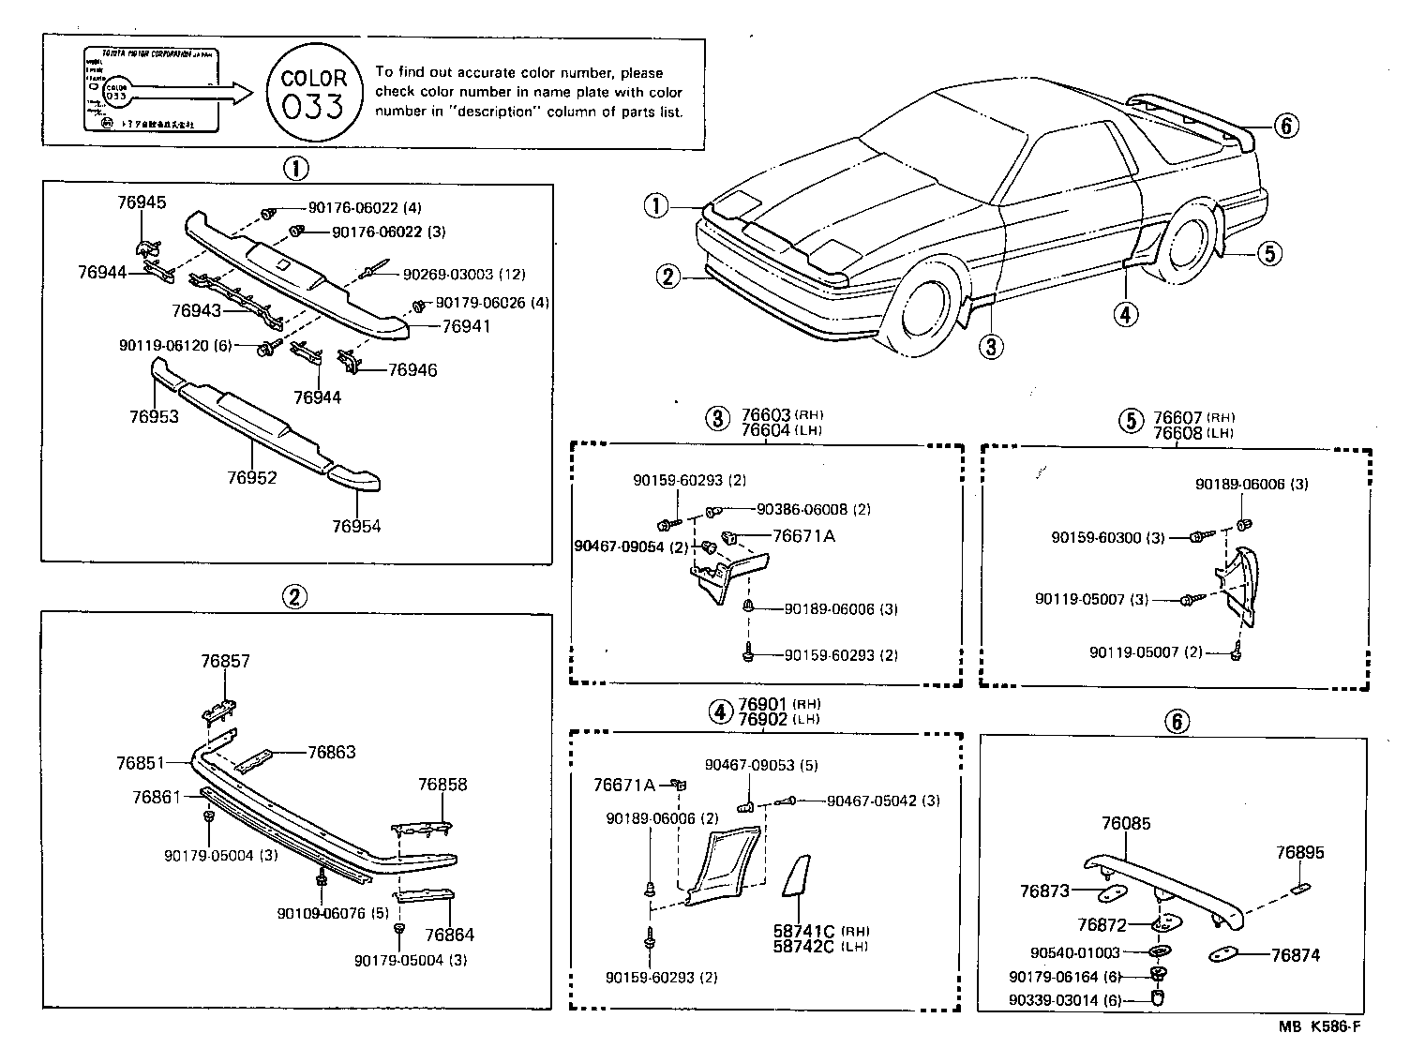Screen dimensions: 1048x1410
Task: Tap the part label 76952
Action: coord(251,478)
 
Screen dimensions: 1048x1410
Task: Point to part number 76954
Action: coord(356,526)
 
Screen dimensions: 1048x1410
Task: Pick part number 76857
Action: coord(225,661)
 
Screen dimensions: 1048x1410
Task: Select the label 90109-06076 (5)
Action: coord(333,914)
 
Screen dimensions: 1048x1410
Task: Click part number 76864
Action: coord(449,935)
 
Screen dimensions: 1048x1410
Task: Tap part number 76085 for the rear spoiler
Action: coord(1126,824)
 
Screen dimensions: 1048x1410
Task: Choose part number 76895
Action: coord(1300,853)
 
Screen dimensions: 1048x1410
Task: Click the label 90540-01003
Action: coord(1077,953)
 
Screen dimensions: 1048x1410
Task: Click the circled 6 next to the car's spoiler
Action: coord(1287,125)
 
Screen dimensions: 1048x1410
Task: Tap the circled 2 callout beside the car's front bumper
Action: coord(667,276)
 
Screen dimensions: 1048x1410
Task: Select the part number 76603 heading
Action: coord(766,415)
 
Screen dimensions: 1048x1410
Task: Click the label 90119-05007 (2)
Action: coord(1146,651)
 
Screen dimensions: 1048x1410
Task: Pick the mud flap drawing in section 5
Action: coord(1239,586)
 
